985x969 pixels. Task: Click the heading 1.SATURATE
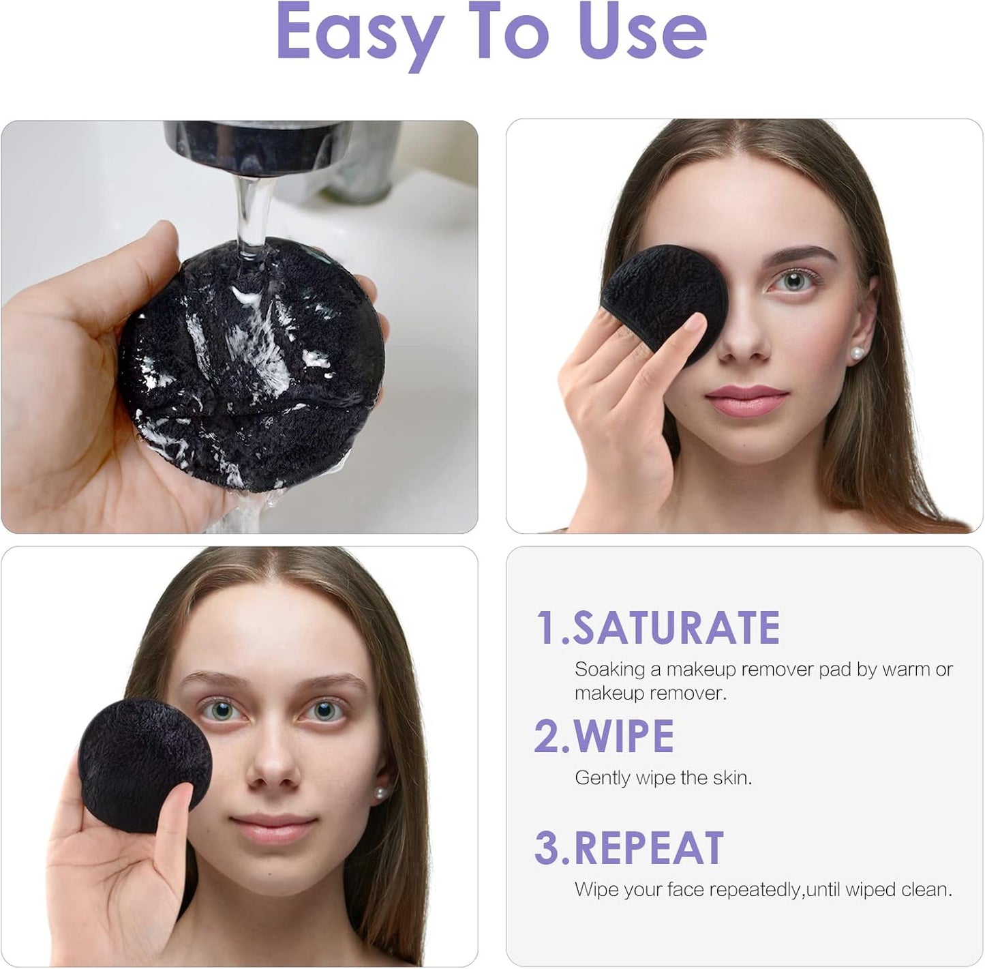[x=658, y=627]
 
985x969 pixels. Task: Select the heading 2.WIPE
[x=604, y=736]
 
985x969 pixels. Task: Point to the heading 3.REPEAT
[x=628, y=848]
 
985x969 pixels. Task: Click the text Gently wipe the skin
[x=663, y=777]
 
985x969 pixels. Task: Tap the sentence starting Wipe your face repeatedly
[x=763, y=889]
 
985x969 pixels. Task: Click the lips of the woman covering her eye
[x=747, y=400]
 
